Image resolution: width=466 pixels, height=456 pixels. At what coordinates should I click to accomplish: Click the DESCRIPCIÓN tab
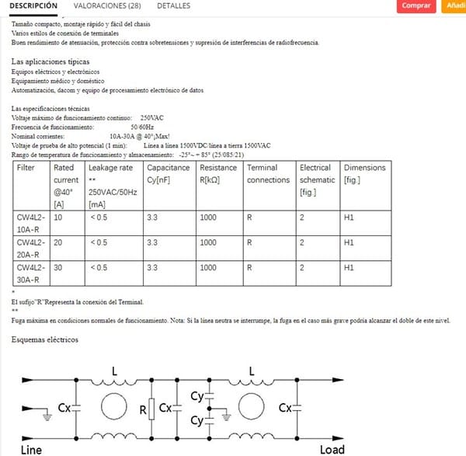pos(33,5)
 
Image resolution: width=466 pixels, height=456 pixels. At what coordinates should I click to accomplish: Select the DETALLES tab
pos(173,5)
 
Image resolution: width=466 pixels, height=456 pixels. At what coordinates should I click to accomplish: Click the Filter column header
pos(26,168)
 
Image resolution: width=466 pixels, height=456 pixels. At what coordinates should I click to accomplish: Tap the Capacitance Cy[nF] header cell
pos(168,174)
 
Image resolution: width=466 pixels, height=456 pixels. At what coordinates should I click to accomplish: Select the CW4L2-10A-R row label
pos(31,224)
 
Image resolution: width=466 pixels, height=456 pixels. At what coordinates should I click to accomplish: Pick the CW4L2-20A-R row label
pos(31,248)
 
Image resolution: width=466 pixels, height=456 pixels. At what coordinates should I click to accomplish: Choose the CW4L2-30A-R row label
pos(31,273)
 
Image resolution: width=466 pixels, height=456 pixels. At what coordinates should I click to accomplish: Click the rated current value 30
pos(58,267)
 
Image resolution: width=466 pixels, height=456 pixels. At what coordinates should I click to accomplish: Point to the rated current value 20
pos(58,242)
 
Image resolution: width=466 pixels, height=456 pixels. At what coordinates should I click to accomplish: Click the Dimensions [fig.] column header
pos(363,174)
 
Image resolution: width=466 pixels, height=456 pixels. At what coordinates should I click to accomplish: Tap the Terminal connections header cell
pos(268,174)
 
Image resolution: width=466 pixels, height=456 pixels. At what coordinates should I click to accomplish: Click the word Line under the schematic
pos(31,449)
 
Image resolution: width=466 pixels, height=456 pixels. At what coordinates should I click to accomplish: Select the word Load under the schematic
pos(332,449)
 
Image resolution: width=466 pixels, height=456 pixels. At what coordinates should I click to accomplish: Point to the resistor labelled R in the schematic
pos(151,407)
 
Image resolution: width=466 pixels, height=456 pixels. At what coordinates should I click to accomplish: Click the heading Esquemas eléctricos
pos(44,339)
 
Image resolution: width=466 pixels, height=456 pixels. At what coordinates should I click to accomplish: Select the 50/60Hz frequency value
pos(142,127)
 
